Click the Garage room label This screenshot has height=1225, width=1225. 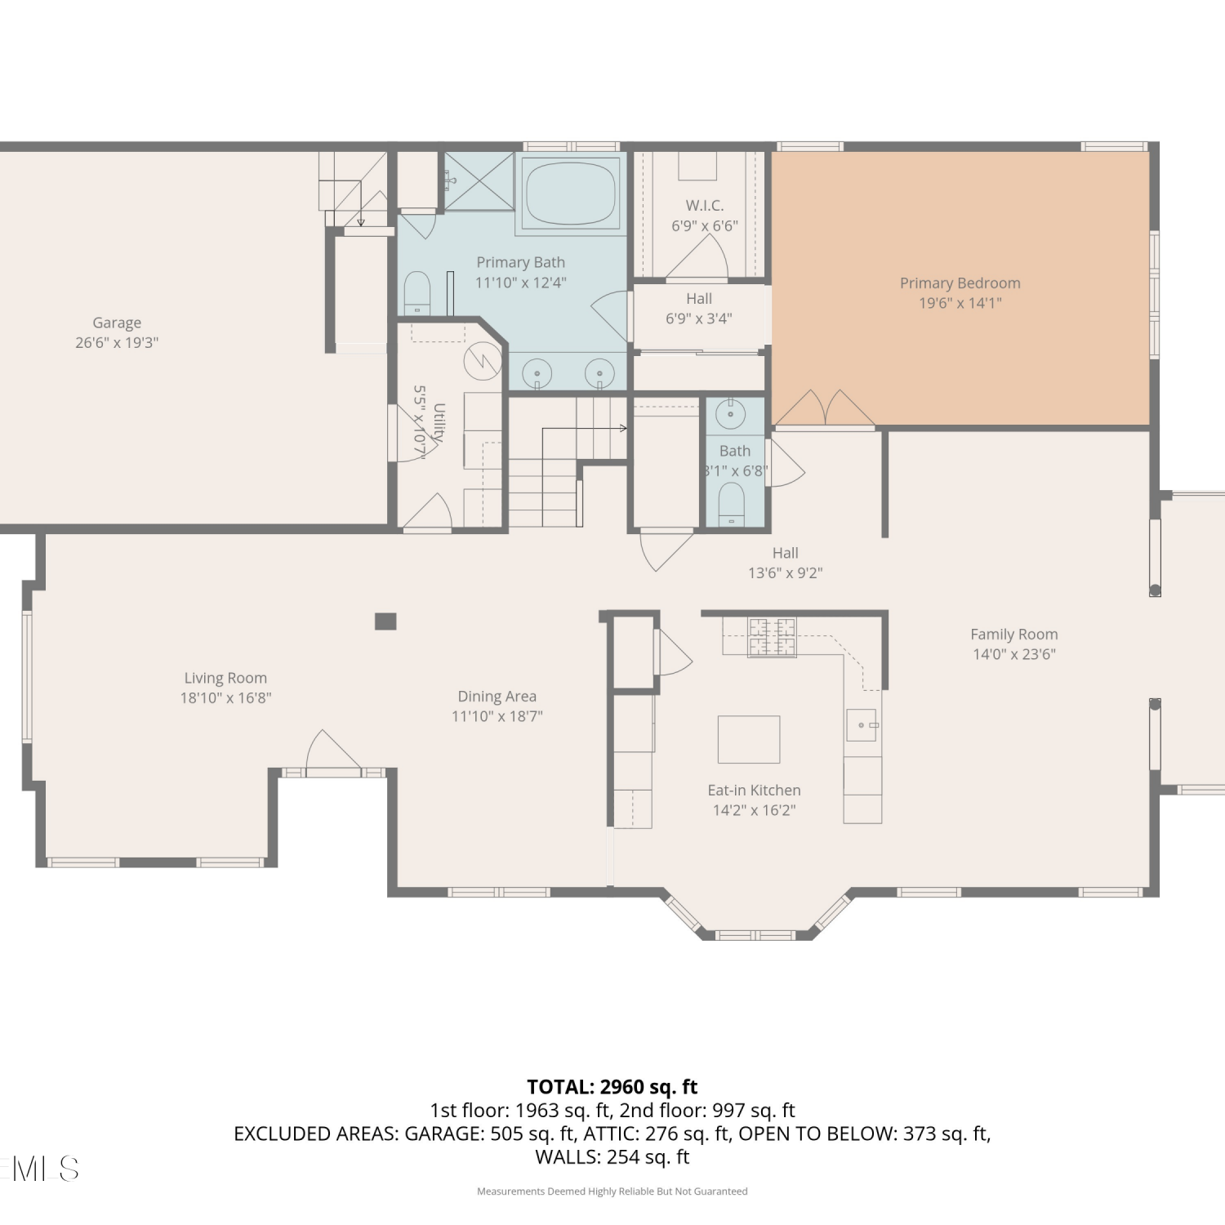[117, 323]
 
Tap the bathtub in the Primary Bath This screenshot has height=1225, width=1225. [571, 193]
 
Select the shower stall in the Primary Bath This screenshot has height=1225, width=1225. [479, 181]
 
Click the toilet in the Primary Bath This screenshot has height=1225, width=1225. [416, 292]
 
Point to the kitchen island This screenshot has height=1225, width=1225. [749, 739]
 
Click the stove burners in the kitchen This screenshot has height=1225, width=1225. [772, 637]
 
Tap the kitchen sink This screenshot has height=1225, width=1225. [862, 725]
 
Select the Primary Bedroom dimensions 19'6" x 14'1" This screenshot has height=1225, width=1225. [960, 303]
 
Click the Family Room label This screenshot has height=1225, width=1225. [1014, 634]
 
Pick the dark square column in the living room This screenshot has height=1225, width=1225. [385, 621]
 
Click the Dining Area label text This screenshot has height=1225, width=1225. [497, 697]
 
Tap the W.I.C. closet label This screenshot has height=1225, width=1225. [705, 206]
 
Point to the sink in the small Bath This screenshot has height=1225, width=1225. [730, 414]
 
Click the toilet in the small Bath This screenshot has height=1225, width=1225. [732, 504]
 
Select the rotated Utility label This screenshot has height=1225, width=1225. [439, 423]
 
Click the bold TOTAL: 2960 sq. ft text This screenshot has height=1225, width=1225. [612, 1087]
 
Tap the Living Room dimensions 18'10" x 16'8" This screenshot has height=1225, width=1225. [226, 698]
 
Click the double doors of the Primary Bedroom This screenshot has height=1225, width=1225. [825, 408]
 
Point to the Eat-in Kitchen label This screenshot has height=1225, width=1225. [755, 791]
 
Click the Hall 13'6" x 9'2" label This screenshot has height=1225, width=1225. [786, 563]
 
